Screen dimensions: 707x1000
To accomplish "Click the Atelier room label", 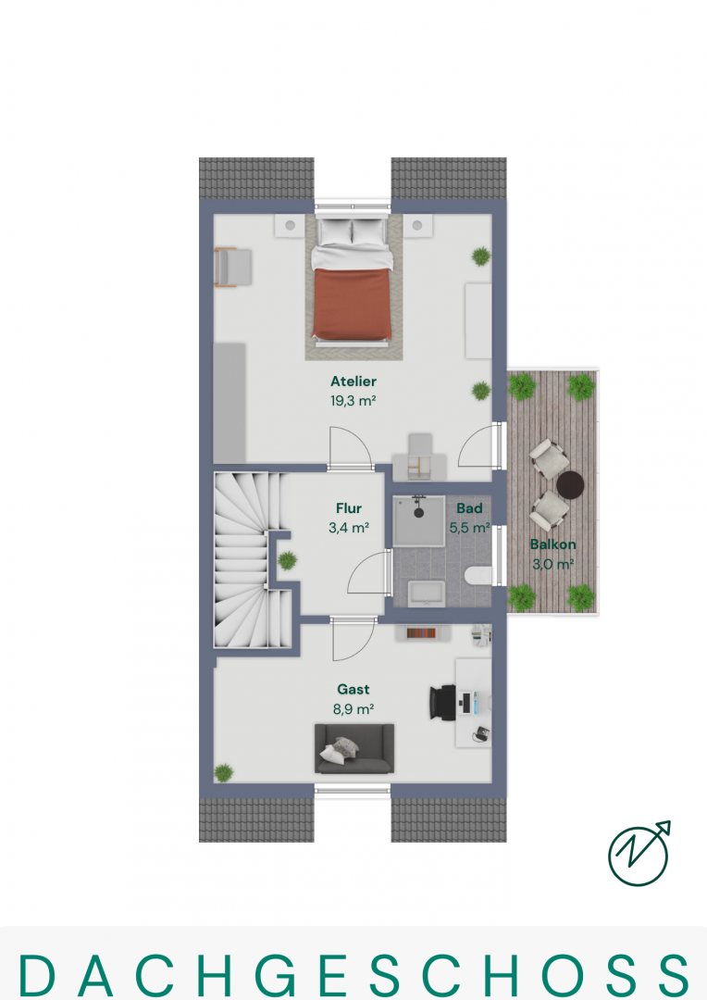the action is coord(353,381).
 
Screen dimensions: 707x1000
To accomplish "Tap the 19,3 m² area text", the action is coord(353,401).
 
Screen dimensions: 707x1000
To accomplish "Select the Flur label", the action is coord(349,508).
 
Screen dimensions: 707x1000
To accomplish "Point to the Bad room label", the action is coord(469,508).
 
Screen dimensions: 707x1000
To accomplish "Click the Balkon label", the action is coord(552,544).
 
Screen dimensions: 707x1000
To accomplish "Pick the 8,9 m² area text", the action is coord(353,708).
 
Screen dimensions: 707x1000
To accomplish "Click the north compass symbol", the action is coord(639,854).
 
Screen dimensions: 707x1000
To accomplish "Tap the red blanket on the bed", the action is coord(352,304).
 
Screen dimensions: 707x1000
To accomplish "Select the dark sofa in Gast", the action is coord(354,749).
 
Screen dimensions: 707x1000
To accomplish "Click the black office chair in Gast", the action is coord(443,702).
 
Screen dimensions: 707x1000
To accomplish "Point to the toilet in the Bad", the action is coord(478,576).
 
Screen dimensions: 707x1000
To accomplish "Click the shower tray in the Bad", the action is coord(419,521).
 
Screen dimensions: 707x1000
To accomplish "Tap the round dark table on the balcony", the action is coord(570,484).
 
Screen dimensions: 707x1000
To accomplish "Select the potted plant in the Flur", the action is coord(287,560).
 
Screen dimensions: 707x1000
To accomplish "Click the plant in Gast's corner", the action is coord(223,773).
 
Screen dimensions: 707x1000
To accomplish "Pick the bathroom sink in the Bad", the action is coord(427,594).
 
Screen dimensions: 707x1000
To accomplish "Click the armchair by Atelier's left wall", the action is coord(233,267).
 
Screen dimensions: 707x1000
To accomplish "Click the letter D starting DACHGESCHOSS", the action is coord(36,975).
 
